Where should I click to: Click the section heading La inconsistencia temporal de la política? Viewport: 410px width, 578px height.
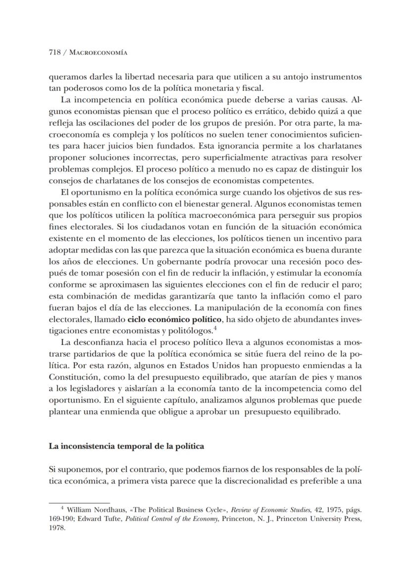tap(126, 445)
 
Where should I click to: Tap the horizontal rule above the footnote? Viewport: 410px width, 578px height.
tap(79, 502)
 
